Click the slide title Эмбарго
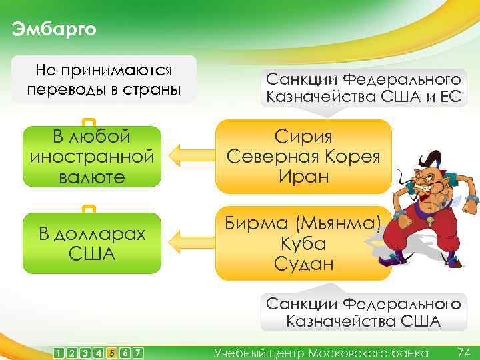[x=54, y=29]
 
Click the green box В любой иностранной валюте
[x=92, y=157]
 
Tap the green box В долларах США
[x=92, y=243]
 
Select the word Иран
[x=303, y=177]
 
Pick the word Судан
[x=303, y=263]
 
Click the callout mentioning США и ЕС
[x=363, y=87]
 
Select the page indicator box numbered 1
[x=59, y=352]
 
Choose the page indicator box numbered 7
[x=137, y=352]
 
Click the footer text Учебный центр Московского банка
[x=321, y=352]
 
